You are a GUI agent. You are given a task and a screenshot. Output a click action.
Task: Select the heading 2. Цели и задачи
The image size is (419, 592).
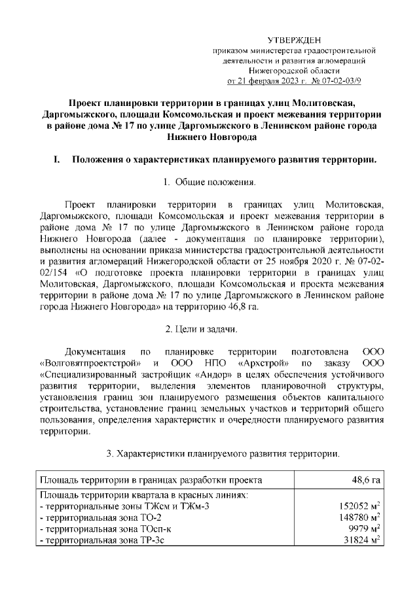click(209, 327)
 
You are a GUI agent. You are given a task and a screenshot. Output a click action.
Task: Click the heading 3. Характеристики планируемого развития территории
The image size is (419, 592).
click(222, 453)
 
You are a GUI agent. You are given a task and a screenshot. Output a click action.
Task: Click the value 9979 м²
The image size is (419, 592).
click(364, 529)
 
